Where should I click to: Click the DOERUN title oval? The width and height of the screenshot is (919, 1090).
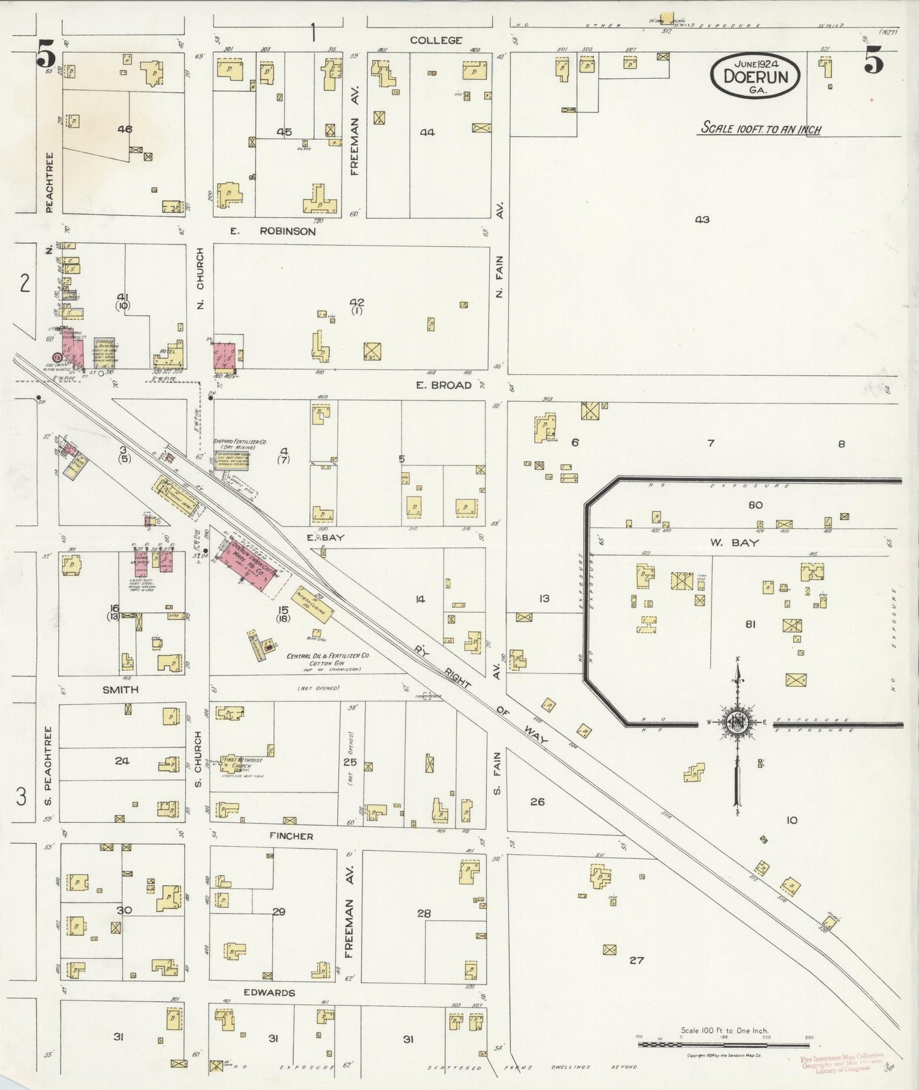coord(755,75)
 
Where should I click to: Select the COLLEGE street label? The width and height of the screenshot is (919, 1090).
coord(436,40)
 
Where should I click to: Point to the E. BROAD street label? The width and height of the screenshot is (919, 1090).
coord(443,385)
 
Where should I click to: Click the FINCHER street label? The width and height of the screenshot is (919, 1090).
coord(291,836)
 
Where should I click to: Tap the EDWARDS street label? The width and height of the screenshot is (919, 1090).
coord(269,993)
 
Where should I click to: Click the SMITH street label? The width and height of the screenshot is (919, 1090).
coord(120,689)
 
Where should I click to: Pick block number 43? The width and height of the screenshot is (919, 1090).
coord(701,219)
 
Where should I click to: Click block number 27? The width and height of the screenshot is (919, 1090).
coord(637,960)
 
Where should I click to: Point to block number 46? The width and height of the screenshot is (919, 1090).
coord(125,129)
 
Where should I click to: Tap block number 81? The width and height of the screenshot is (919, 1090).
coord(750,624)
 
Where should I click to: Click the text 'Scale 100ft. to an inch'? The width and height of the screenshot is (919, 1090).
coord(761,128)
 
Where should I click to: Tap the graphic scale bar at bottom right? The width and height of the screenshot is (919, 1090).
coord(724,1044)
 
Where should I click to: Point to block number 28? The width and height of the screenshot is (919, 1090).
coord(424,914)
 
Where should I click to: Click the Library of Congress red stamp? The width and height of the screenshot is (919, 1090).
coord(842,1062)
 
